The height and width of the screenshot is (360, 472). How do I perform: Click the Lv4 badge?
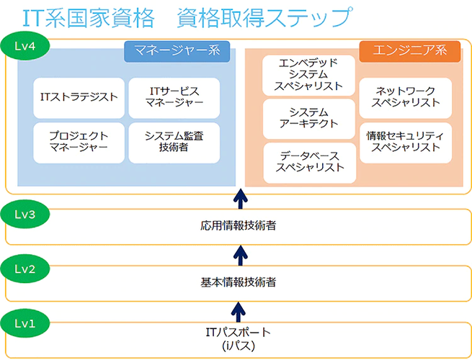(x=25, y=44)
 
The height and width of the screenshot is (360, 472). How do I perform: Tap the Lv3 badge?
(x=25, y=213)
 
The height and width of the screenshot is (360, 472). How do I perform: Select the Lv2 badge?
(x=25, y=269)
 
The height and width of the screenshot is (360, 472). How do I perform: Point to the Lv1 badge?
(x=25, y=323)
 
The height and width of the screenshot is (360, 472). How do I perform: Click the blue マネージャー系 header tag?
(x=177, y=50)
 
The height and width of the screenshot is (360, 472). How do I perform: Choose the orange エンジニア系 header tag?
(x=409, y=50)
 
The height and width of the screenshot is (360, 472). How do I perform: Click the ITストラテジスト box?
(x=79, y=99)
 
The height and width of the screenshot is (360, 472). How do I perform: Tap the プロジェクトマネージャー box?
(x=79, y=141)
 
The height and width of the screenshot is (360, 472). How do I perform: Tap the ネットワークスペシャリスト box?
(x=406, y=97)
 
